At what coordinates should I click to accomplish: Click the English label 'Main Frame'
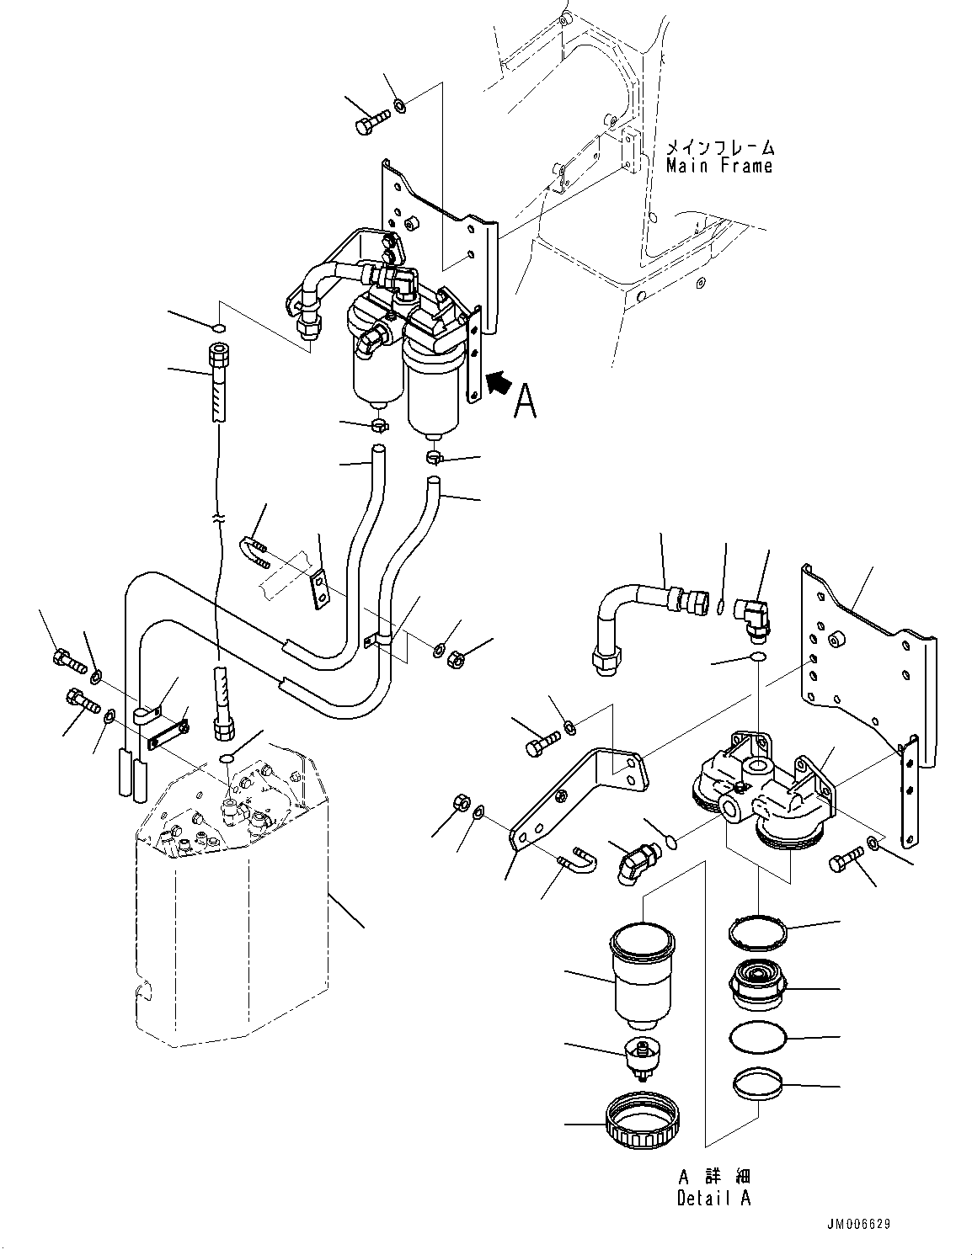coord(718,166)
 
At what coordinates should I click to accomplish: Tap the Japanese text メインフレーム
coord(718,147)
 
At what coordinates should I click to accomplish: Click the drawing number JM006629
coord(853,1224)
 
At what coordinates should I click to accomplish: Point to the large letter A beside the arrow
coord(525,401)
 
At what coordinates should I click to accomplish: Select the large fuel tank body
coord(227,926)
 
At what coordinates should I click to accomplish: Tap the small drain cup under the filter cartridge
coord(642,1058)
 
